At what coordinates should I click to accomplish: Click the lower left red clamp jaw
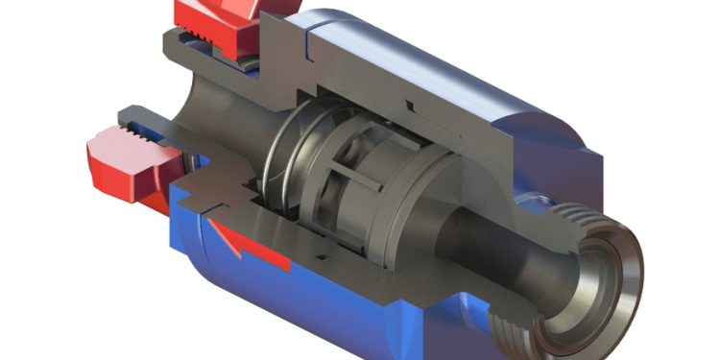[120, 163]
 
